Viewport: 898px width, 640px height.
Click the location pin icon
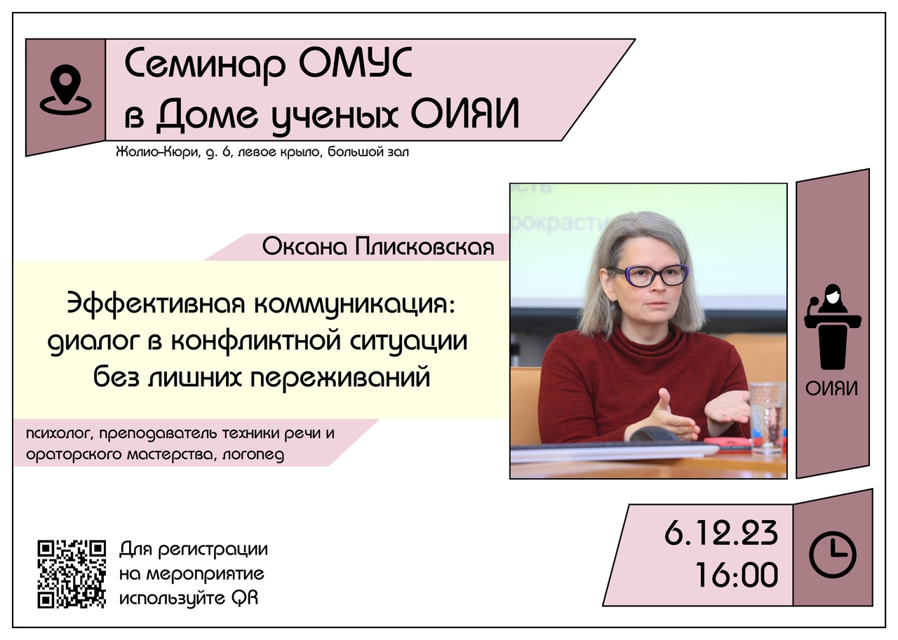click(x=65, y=90)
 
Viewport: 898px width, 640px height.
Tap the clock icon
click(x=833, y=554)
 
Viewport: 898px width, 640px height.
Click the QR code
click(x=72, y=574)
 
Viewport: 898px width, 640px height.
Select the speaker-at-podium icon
click(x=833, y=327)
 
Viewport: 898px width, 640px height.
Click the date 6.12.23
click(x=721, y=533)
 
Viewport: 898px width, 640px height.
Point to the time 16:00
click(x=737, y=575)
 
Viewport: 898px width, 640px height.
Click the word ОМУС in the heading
click(x=355, y=64)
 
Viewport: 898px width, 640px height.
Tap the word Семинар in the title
click(x=206, y=66)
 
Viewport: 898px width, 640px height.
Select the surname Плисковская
click(x=424, y=247)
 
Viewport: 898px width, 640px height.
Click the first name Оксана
click(x=304, y=247)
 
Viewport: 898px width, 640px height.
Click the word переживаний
click(x=340, y=378)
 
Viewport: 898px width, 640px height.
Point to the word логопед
click(x=253, y=456)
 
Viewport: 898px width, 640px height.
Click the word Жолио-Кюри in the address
click(x=158, y=152)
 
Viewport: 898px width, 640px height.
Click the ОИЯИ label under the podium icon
click(x=832, y=389)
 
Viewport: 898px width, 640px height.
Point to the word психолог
click(x=60, y=434)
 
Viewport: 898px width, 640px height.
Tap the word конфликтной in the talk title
click(x=257, y=341)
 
